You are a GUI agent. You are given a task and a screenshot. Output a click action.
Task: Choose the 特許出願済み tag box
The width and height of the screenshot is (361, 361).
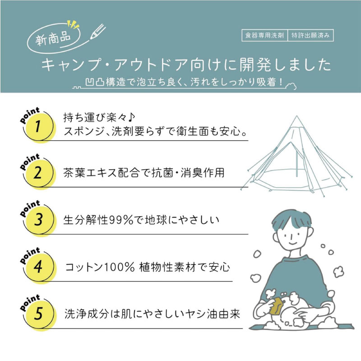pyautogui.click(x=310, y=36)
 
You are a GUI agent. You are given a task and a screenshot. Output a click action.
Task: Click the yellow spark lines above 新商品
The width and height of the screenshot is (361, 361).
pyautogui.click(x=72, y=25)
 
